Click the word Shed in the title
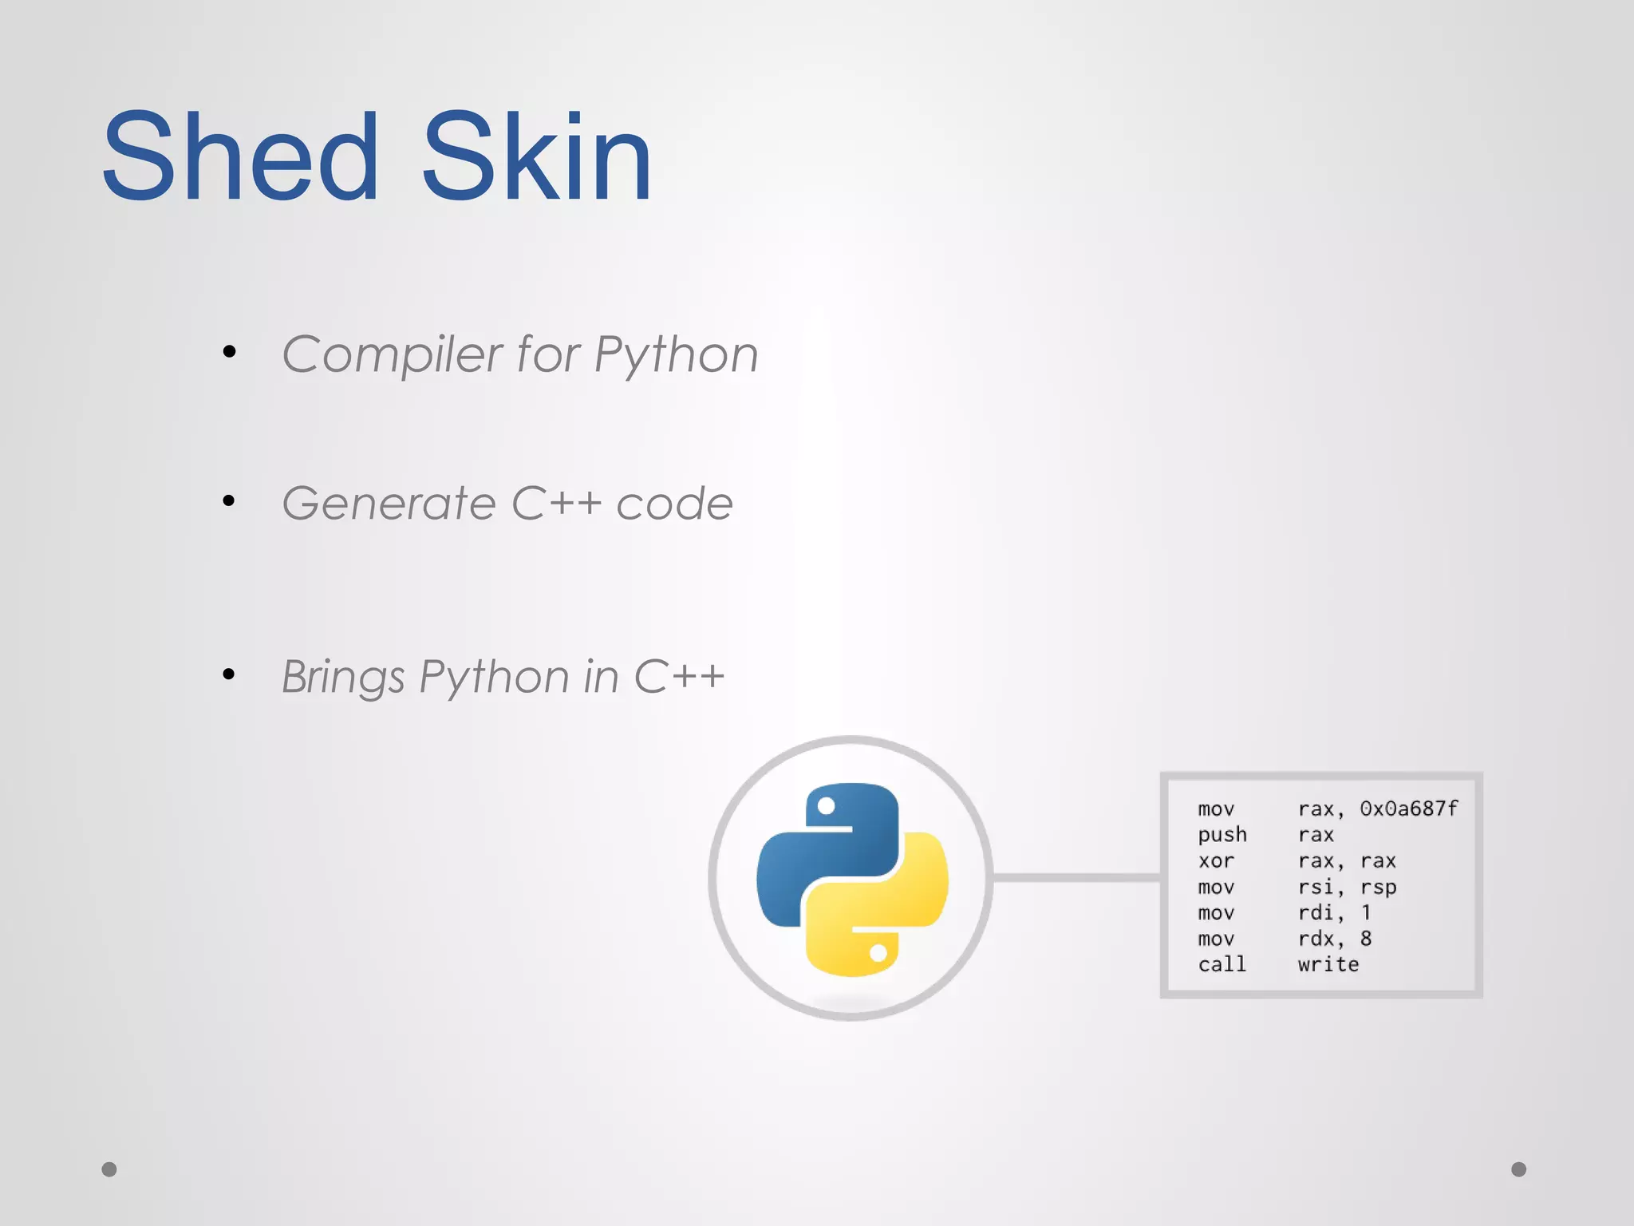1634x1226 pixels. point(239,156)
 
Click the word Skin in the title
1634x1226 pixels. point(536,156)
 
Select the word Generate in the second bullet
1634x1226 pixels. point(389,504)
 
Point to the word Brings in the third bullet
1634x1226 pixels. point(343,678)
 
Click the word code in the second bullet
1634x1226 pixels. point(674,504)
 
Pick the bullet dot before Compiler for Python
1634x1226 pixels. point(230,351)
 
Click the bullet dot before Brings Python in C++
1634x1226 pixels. point(230,674)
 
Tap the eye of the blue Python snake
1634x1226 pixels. point(827,806)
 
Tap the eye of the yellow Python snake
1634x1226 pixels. point(878,952)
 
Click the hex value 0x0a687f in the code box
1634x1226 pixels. point(1408,809)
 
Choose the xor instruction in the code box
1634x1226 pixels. point(1215,861)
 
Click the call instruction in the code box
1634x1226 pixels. point(1222,965)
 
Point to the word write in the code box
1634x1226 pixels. point(1328,965)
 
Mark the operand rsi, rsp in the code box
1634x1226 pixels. point(1347,888)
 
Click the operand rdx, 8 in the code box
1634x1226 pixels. point(1334,939)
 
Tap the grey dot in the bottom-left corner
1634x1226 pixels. point(109,1169)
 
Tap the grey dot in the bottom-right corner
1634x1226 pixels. point(1519,1169)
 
